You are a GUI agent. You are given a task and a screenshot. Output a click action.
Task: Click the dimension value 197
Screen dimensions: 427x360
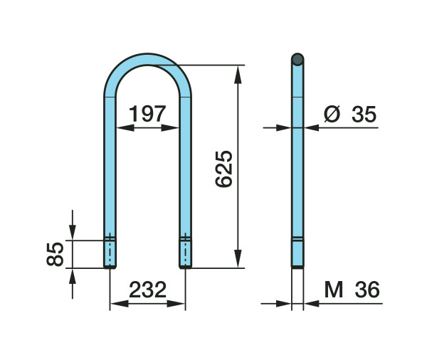pos(147,114)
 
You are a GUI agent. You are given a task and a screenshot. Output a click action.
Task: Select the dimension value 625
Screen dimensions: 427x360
pos(224,169)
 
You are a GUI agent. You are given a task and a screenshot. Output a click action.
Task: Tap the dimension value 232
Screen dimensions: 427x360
pos(147,290)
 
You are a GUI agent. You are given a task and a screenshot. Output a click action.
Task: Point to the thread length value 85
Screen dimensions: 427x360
pos(55,254)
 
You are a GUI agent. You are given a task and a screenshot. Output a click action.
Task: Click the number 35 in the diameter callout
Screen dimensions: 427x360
pos(364,114)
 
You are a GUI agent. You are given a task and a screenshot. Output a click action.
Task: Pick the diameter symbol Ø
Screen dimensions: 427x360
pos(332,114)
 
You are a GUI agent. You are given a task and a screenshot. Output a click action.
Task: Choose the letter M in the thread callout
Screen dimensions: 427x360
pos(334,290)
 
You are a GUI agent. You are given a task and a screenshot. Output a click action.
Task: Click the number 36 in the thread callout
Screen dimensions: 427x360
pos(367,290)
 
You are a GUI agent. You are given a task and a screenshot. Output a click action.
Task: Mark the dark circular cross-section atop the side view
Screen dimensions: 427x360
pos(297,59)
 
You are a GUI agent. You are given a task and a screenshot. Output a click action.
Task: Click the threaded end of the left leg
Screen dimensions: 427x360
pos(110,253)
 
